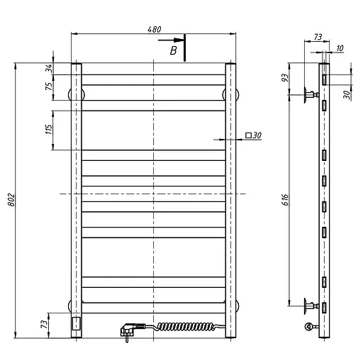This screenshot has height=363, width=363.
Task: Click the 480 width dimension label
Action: (x=155, y=29)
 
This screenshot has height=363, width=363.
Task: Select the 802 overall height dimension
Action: (x=11, y=200)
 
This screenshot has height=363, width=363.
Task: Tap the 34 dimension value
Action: (x=49, y=68)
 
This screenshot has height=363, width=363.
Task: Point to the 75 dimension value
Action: (x=49, y=86)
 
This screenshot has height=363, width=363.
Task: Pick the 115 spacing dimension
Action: (x=48, y=129)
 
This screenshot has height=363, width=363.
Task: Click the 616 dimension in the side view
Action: (x=285, y=200)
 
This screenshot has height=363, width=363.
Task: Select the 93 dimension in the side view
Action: (x=285, y=78)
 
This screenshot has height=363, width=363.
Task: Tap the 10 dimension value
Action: (x=340, y=48)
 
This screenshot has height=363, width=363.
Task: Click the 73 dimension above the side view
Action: (x=318, y=37)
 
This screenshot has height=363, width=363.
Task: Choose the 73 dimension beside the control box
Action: (x=44, y=324)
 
